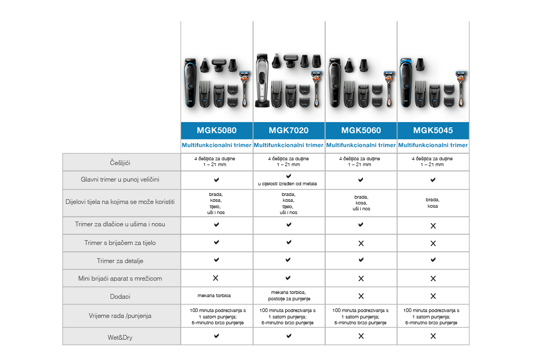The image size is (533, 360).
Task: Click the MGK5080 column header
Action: click(216, 130)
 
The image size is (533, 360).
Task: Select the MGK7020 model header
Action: click(288, 130)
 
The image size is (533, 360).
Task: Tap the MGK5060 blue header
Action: click(361, 130)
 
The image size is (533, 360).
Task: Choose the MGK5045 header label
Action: click(433, 130)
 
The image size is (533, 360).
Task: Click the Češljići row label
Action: click(120, 163)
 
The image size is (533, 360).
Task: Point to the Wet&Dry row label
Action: click(120, 338)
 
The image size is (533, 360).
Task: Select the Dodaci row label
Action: click(120, 297)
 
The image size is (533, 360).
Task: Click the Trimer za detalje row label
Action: click(120, 261)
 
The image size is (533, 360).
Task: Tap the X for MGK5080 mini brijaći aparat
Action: click(215, 278)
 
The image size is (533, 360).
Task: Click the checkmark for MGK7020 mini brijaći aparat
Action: click(288, 278)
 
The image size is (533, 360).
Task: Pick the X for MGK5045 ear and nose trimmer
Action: click(433, 226)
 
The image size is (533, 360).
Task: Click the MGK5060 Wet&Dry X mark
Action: click(361, 336)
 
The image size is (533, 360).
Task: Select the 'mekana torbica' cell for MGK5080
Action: click(214, 296)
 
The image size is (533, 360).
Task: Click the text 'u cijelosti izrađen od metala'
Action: click(287, 184)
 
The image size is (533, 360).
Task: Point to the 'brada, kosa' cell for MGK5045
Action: click(432, 203)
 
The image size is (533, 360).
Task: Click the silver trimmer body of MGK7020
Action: click(262, 80)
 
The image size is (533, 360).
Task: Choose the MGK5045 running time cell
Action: click(431, 316)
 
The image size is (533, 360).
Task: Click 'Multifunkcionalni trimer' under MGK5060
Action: click(361, 145)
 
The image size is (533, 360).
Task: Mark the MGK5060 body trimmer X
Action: click(361, 243)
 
